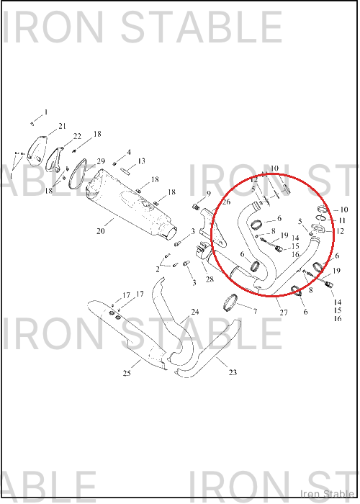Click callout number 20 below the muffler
101,231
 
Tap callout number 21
62,126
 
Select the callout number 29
101,161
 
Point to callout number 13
141,161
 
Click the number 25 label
127,373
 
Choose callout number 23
233,372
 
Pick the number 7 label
255,311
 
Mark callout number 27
284,312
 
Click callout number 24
195,312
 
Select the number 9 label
209,194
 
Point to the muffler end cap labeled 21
36,151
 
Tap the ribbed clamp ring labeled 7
230,303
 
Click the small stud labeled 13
125,171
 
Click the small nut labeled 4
114,163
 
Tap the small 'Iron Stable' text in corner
327,493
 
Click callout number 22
77,136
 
